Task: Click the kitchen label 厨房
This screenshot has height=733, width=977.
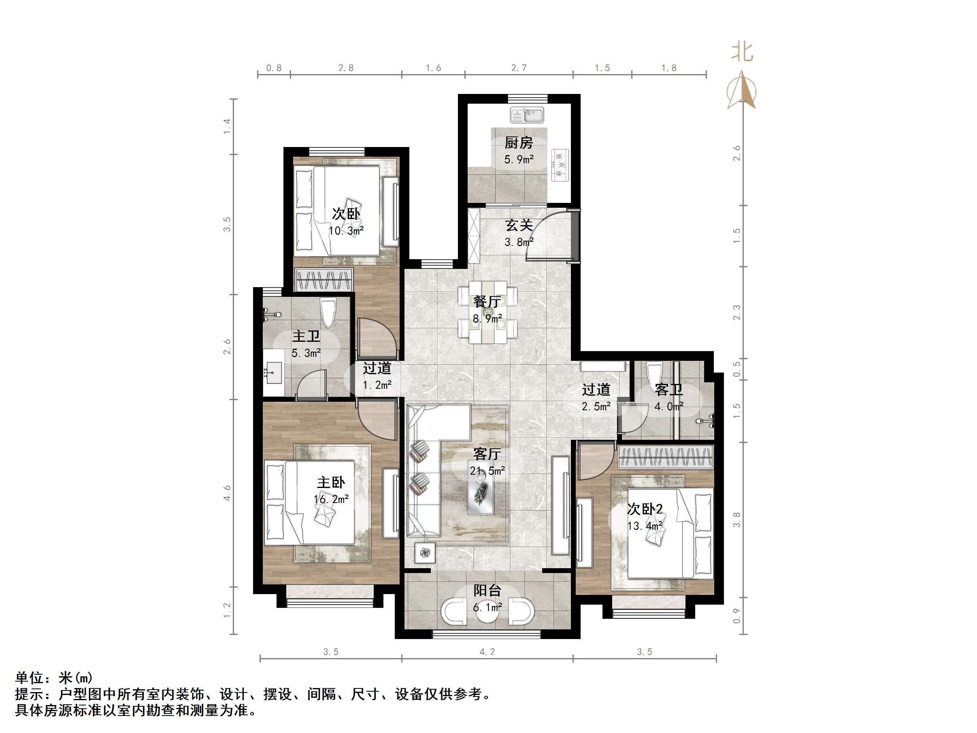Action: coord(519,143)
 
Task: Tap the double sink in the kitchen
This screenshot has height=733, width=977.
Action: coord(527,115)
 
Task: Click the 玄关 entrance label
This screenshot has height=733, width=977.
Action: coord(519,225)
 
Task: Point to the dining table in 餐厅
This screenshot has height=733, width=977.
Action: coord(487,311)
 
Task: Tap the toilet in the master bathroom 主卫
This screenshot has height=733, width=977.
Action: coord(328,313)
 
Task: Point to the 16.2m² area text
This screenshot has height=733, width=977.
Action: coord(331,499)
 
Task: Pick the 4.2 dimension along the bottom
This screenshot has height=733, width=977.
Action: coord(487,652)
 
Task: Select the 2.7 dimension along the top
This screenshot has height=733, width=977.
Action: coord(519,68)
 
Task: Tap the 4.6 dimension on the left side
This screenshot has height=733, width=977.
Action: coord(227,492)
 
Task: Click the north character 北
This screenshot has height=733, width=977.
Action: coord(742,52)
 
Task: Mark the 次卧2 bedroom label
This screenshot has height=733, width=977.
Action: coord(645,509)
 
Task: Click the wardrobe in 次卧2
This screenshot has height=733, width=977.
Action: coord(666,457)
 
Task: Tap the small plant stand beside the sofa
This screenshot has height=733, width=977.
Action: coord(425,552)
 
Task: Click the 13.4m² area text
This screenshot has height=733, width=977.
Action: coord(645,526)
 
